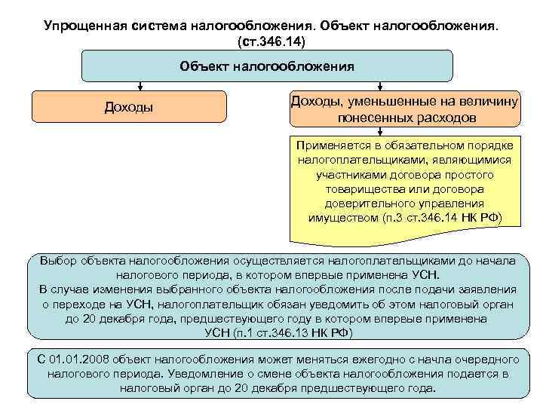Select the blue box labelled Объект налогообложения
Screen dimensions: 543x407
(x=267, y=66)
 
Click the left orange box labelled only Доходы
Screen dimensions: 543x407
(x=128, y=107)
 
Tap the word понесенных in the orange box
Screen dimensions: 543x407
(x=375, y=118)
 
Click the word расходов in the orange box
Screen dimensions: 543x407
(x=447, y=118)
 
